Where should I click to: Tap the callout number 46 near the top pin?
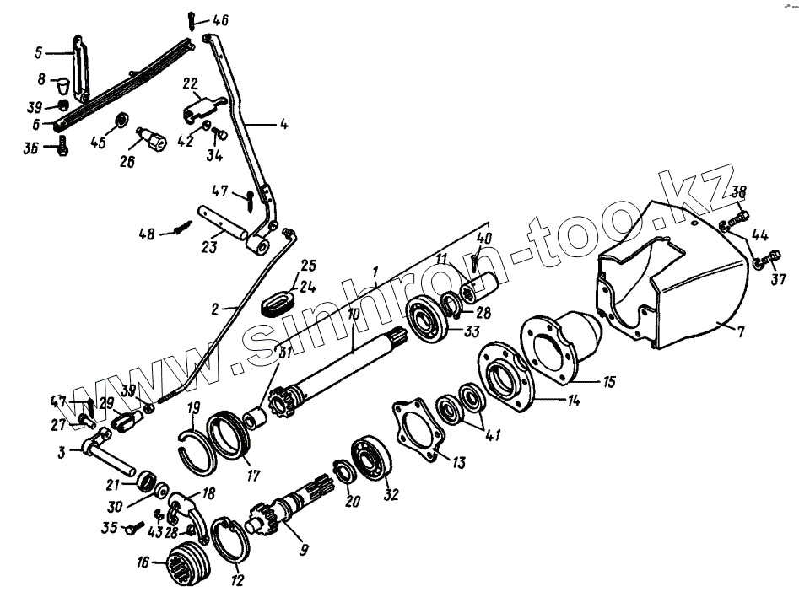[219, 19]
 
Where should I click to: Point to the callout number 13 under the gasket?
[458, 463]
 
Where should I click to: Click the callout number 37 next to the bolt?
[777, 280]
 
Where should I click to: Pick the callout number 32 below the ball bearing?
[390, 495]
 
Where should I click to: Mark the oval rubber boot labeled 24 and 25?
[281, 301]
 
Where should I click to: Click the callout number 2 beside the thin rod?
[215, 309]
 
